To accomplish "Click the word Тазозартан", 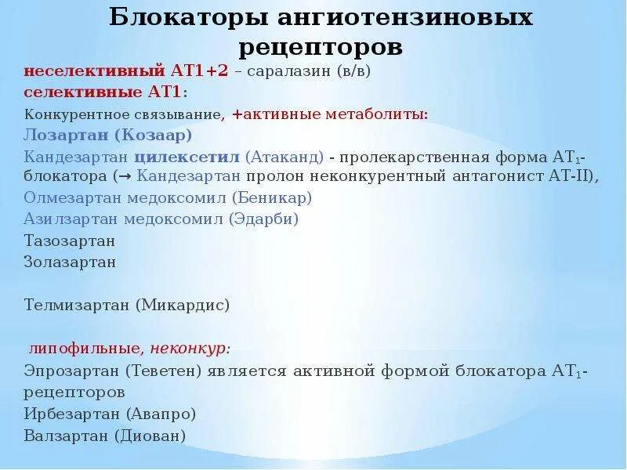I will click(70, 240).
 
